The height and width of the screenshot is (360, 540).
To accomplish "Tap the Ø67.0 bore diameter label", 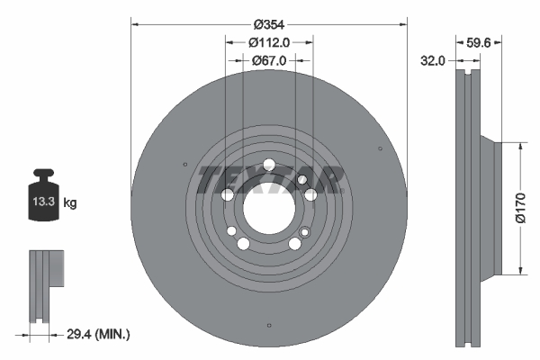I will pyautogui.click(x=268, y=60).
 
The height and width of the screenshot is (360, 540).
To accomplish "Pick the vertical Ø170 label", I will pyautogui.click(x=519, y=208).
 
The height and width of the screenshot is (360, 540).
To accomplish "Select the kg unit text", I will pyautogui.click(x=70, y=203).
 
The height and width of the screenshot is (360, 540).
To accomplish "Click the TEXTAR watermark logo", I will pyautogui.click(x=271, y=179).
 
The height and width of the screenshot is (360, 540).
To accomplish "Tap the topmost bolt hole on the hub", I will pyautogui.click(x=268, y=165).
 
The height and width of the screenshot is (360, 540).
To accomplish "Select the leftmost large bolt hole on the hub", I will pyautogui.click(x=228, y=194).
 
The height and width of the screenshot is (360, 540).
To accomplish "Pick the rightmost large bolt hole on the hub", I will pyautogui.click(x=310, y=194).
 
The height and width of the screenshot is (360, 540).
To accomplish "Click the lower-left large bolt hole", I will pyautogui.click(x=243, y=243).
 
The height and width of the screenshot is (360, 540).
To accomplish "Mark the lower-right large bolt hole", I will pyautogui.click(x=294, y=243).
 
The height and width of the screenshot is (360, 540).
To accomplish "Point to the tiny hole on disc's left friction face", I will pyautogui.click(x=184, y=165).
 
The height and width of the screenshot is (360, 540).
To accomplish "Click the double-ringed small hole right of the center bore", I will pyautogui.click(x=302, y=180).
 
